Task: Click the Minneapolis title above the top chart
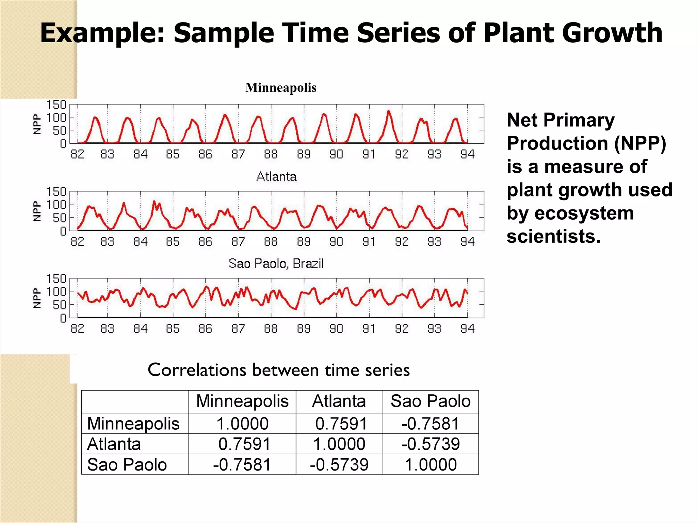(281, 88)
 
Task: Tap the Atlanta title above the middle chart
(276, 177)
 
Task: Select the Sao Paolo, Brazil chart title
(276, 264)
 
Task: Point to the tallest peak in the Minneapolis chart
(388, 111)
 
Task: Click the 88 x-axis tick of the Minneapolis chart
(271, 154)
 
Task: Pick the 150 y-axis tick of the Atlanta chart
(56, 192)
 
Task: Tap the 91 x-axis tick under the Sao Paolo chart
(369, 329)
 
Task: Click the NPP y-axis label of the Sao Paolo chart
(37, 298)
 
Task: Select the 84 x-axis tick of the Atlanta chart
(140, 241)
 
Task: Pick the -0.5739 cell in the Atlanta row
(431, 444)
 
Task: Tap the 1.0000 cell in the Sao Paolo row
(431, 464)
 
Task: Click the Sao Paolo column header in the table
(431, 401)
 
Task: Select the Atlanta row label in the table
(114, 444)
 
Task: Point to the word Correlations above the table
(196, 370)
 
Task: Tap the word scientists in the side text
(553, 236)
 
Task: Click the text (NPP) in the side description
(640, 143)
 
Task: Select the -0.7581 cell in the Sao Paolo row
(242, 464)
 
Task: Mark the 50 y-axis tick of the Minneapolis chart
(60, 130)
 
